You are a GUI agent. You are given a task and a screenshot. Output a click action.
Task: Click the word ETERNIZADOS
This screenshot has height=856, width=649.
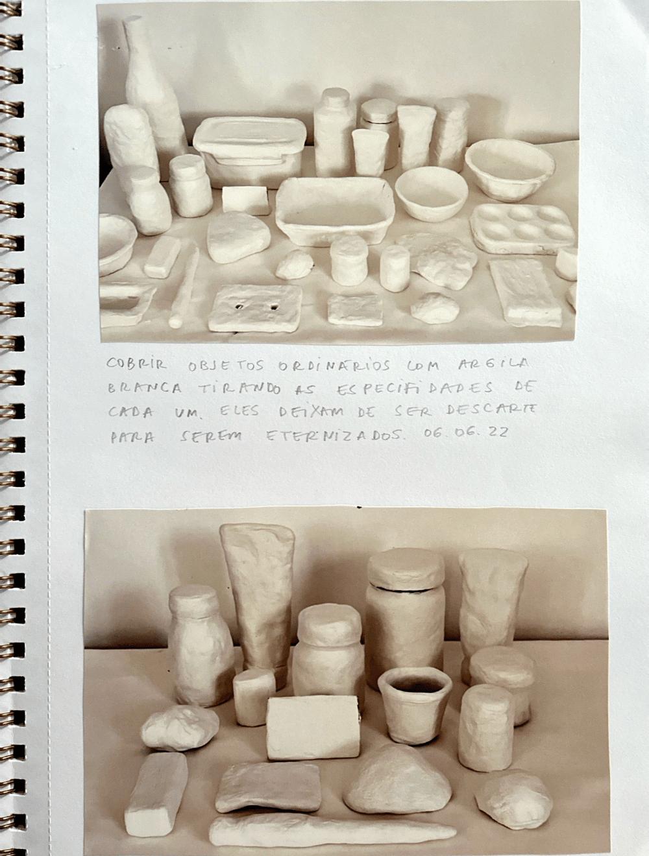coord(334,436)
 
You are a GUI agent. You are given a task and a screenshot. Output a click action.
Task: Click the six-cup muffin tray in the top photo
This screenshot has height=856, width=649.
coord(522,228)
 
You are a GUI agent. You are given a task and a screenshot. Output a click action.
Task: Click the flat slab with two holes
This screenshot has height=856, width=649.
coord(256,308)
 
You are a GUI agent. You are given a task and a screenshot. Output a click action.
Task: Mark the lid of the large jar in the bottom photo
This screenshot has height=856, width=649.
coord(406,569)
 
